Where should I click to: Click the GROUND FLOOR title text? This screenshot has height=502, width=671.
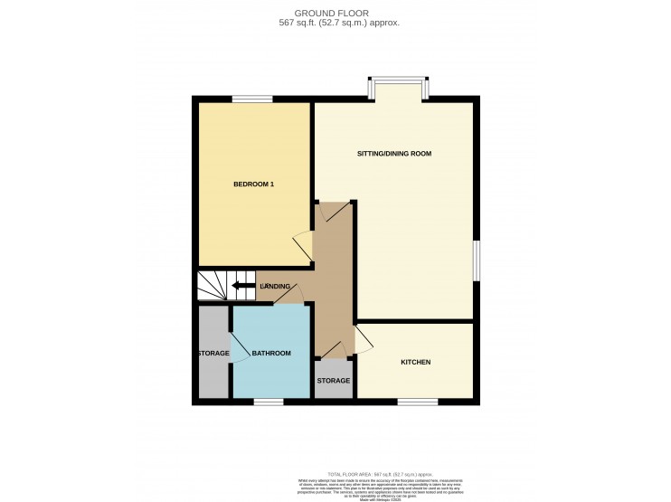(x=335, y=14)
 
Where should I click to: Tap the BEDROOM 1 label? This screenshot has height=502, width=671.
(x=253, y=185)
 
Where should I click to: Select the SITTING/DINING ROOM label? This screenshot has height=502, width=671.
(x=394, y=154)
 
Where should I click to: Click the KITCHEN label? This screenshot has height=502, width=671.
(x=415, y=362)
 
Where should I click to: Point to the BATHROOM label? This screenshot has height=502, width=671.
(x=271, y=353)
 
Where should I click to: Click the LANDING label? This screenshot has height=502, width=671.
(x=275, y=287)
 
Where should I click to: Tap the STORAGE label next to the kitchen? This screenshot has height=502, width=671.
(x=334, y=381)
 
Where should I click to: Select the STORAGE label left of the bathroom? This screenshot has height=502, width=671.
(x=213, y=353)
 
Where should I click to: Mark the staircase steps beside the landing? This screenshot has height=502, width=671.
(x=213, y=286)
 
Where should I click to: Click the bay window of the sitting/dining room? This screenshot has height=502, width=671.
(x=397, y=88)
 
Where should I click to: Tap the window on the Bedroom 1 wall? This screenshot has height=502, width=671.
(x=252, y=99)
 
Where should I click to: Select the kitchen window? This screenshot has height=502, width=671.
(x=417, y=401)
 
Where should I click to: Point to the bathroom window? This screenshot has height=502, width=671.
(x=268, y=401)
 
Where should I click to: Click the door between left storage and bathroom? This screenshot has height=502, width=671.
(x=237, y=346)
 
